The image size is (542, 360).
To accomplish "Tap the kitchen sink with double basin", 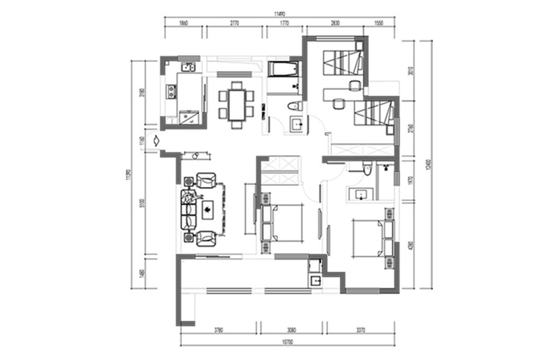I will coord(188,67).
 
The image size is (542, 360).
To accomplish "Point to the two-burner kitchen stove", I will coord(170,90).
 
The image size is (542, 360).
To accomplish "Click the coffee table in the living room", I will coord(208,208).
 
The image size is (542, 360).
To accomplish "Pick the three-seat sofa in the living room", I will coord(188,208).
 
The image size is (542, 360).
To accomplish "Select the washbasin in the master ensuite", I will coord(361,194).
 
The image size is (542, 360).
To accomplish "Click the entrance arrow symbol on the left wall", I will coord(158,140).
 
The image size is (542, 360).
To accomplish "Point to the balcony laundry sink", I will coord(315,281).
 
